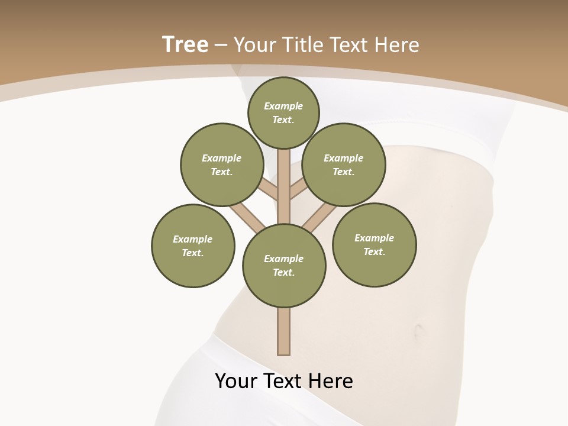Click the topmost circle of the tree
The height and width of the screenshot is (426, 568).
[x=283, y=112]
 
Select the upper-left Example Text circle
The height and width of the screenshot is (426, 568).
[x=222, y=164]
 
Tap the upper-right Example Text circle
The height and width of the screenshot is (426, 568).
[x=344, y=164]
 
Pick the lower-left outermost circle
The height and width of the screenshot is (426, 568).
[x=193, y=246]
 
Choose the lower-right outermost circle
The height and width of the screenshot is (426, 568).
[x=375, y=244]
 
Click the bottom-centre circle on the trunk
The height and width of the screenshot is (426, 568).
[x=284, y=265]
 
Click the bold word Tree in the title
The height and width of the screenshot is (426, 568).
[x=185, y=44]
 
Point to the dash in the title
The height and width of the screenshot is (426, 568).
[x=221, y=45]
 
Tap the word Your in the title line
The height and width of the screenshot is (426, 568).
[x=256, y=45]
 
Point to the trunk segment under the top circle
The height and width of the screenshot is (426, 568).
[x=284, y=169]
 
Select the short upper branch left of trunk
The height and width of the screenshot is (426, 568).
[x=268, y=189]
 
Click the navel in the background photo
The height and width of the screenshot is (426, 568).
[x=418, y=330]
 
